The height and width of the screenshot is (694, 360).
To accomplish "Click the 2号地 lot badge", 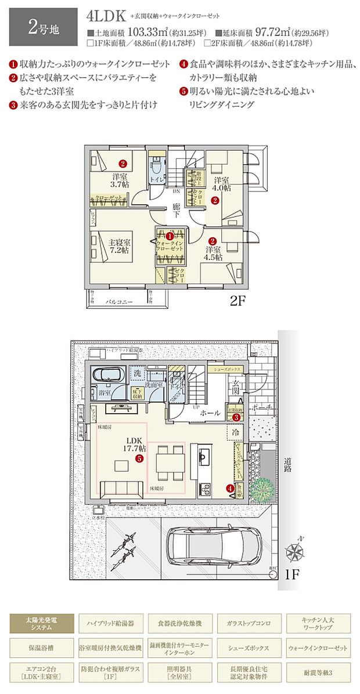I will [39, 26].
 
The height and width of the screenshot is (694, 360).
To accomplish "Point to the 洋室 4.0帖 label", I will [221, 184].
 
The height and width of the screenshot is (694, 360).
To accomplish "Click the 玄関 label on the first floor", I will [236, 387].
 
